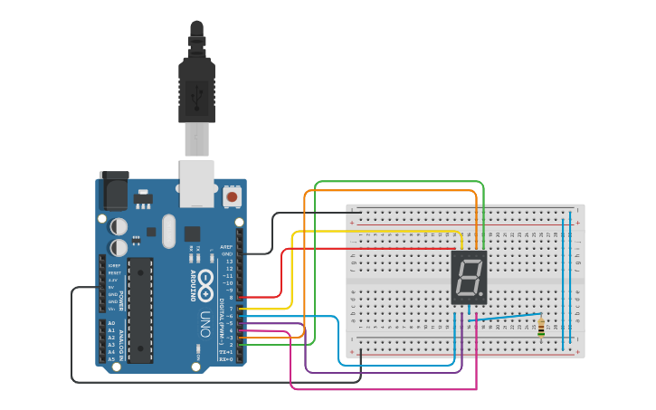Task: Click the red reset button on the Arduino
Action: [x=233, y=196]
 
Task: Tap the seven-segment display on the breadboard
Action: [x=469, y=278]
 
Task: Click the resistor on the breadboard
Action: [x=541, y=327]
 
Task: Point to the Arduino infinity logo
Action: [x=206, y=280]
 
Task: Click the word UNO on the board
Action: [x=205, y=323]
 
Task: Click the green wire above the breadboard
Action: [x=398, y=182]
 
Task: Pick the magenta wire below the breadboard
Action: [x=380, y=389]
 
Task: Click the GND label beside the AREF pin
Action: [x=227, y=253]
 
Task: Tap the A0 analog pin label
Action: [x=111, y=323]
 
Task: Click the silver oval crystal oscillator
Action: [x=168, y=231]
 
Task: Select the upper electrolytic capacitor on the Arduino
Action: [x=119, y=225]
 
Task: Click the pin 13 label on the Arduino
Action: [x=228, y=261]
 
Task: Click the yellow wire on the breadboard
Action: [x=380, y=232]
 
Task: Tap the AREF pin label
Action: [x=226, y=246]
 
